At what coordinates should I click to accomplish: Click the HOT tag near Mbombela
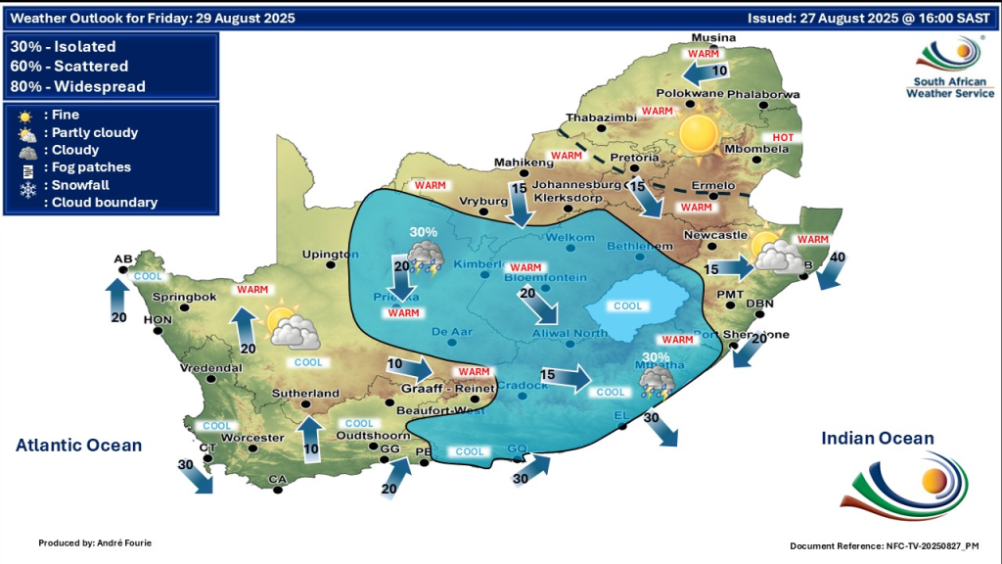click(x=784, y=138)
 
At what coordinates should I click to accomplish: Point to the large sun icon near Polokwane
click(x=699, y=132)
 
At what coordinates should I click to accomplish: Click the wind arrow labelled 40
click(x=833, y=269)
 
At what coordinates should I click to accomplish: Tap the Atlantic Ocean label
click(x=78, y=446)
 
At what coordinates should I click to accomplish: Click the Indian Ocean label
click(x=877, y=439)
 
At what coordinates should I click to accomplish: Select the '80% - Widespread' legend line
click(x=77, y=86)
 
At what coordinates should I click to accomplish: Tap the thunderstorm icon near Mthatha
click(x=656, y=383)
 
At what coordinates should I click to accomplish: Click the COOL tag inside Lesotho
click(x=627, y=305)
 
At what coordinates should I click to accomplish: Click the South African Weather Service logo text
click(x=949, y=87)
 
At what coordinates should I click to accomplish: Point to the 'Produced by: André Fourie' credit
click(x=95, y=542)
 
